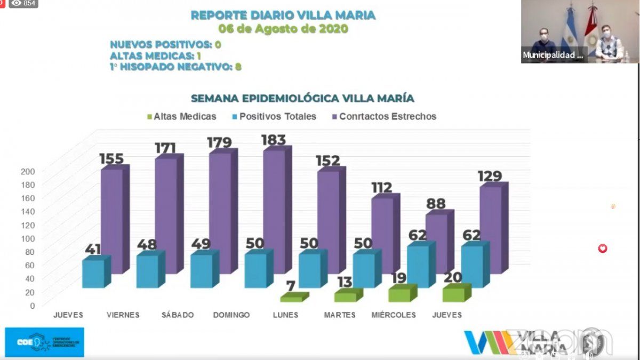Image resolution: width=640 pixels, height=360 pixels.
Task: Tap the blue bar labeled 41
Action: coord(93,274)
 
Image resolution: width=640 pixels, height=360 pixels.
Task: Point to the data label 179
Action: coord(220,143)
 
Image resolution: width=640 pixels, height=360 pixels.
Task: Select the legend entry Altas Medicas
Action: coord(185,116)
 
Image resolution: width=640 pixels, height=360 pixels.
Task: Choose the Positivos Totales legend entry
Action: coord(277,116)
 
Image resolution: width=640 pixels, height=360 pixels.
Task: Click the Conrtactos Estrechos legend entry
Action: coord(387,116)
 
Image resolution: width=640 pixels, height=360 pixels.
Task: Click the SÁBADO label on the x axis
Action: coord(178,315)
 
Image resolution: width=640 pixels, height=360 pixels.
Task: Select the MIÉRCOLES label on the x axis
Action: coord(394,315)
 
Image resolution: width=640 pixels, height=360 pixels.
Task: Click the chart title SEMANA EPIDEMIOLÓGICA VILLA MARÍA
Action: coord(302,99)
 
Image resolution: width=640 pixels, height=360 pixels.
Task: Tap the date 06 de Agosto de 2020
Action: coord(283,29)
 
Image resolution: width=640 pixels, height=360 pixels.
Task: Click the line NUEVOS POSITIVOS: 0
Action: coord(165,44)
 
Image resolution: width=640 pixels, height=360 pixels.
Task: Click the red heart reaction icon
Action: coord(603,248)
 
